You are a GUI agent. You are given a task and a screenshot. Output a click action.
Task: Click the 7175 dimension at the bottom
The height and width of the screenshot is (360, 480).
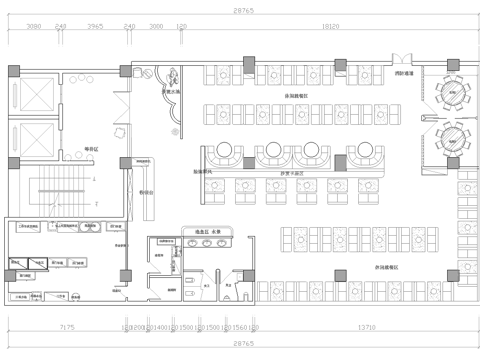[67, 327]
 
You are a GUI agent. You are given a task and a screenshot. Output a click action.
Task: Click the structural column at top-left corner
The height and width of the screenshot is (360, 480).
[12, 72]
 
